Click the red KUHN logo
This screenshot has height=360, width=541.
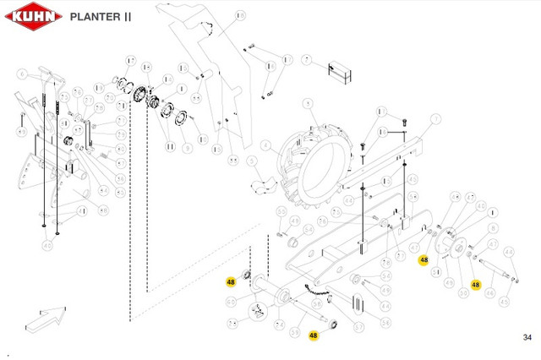[31, 16]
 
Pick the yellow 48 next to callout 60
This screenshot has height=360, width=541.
[230, 281]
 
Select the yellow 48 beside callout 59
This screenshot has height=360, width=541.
[313, 335]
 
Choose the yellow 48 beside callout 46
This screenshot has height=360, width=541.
[476, 285]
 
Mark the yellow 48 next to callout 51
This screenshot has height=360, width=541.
[424, 260]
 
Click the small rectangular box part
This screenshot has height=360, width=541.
[340, 72]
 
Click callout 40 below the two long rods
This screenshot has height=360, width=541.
[48, 245]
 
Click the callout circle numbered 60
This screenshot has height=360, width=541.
[231, 300]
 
